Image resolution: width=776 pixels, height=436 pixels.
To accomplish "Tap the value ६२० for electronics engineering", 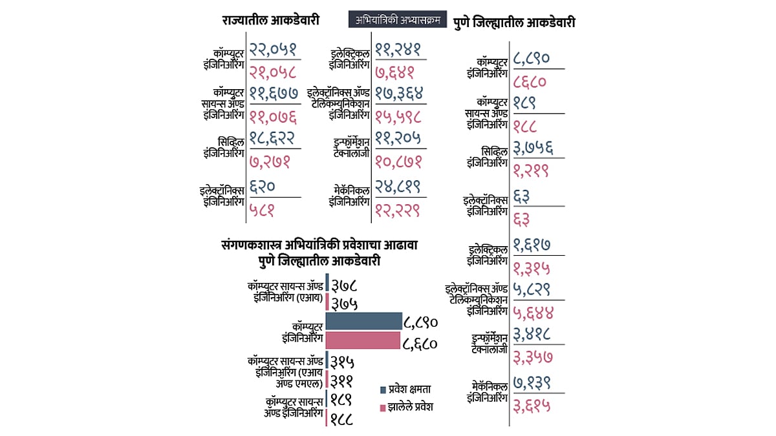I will [x=263, y=187].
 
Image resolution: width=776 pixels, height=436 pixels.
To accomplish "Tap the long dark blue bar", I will [x=363, y=320].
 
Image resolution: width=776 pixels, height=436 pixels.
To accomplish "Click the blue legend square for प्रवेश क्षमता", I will [x=383, y=389].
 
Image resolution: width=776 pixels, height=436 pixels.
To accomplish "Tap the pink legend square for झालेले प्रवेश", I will [x=383, y=408].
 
